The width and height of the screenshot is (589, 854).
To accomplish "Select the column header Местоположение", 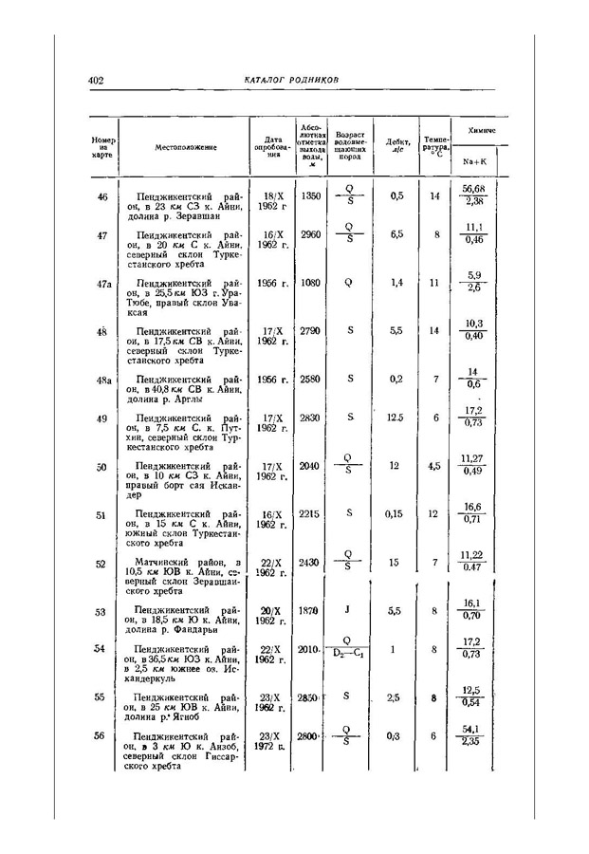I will (x=187, y=147).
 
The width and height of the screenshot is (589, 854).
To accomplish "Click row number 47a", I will (x=103, y=283).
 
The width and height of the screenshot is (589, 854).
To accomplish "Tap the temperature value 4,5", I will (x=433, y=466).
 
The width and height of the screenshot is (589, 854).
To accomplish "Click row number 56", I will (x=101, y=735).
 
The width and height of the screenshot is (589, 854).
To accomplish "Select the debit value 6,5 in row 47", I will (x=396, y=232).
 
